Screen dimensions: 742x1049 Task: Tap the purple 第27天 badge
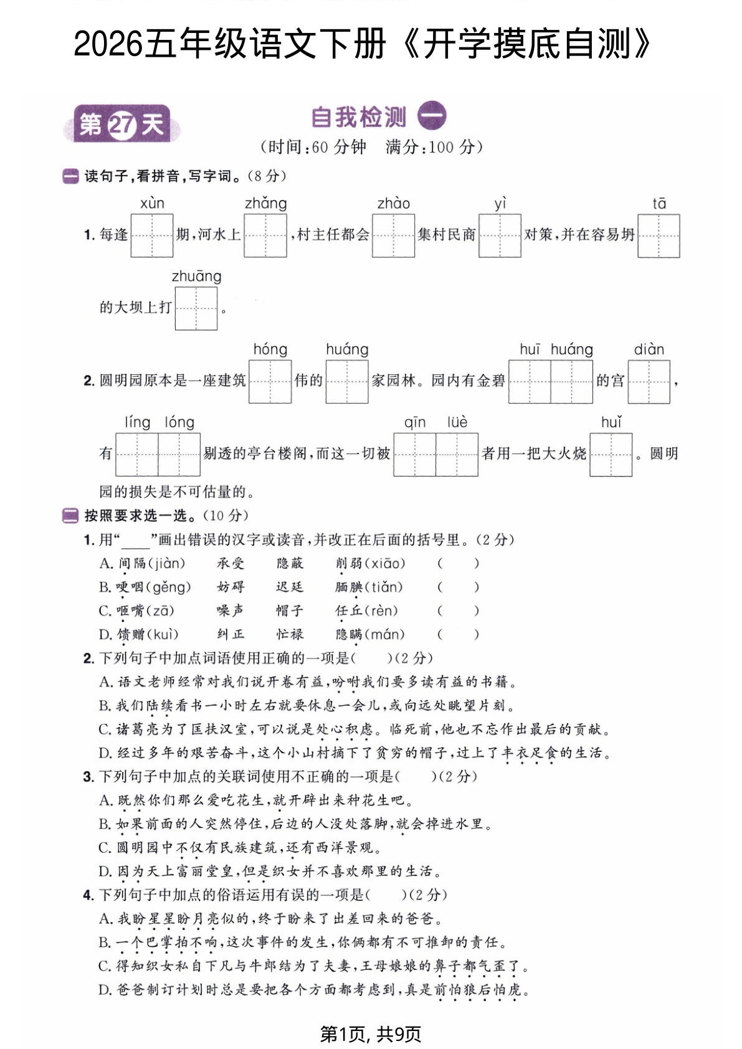pyautogui.click(x=121, y=125)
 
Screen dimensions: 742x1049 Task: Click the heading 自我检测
pyautogui.click(x=359, y=117)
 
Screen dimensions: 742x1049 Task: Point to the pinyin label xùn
pyautogui.click(x=152, y=203)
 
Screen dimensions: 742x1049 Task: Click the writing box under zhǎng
pyautogui.click(x=265, y=235)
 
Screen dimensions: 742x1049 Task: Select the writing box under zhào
pyautogui.click(x=393, y=235)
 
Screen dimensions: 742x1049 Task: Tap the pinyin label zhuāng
pyautogui.click(x=196, y=276)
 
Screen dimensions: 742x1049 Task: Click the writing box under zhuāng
pyautogui.click(x=196, y=308)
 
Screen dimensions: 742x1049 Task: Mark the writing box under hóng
pyautogui.click(x=270, y=381)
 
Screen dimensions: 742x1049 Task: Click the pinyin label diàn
pyautogui.click(x=649, y=349)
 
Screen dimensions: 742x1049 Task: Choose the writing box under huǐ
pyautogui.click(x=611, y=454)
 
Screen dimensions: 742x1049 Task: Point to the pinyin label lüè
pyautogui.click(x=457, y=422)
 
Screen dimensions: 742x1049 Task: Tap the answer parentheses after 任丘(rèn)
pyautogui.click(x=458, y=611)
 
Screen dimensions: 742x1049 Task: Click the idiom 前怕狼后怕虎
pyautogui.click(x=477, y=990)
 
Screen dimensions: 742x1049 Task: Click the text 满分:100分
pyautogui.click(x=434, y=147)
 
